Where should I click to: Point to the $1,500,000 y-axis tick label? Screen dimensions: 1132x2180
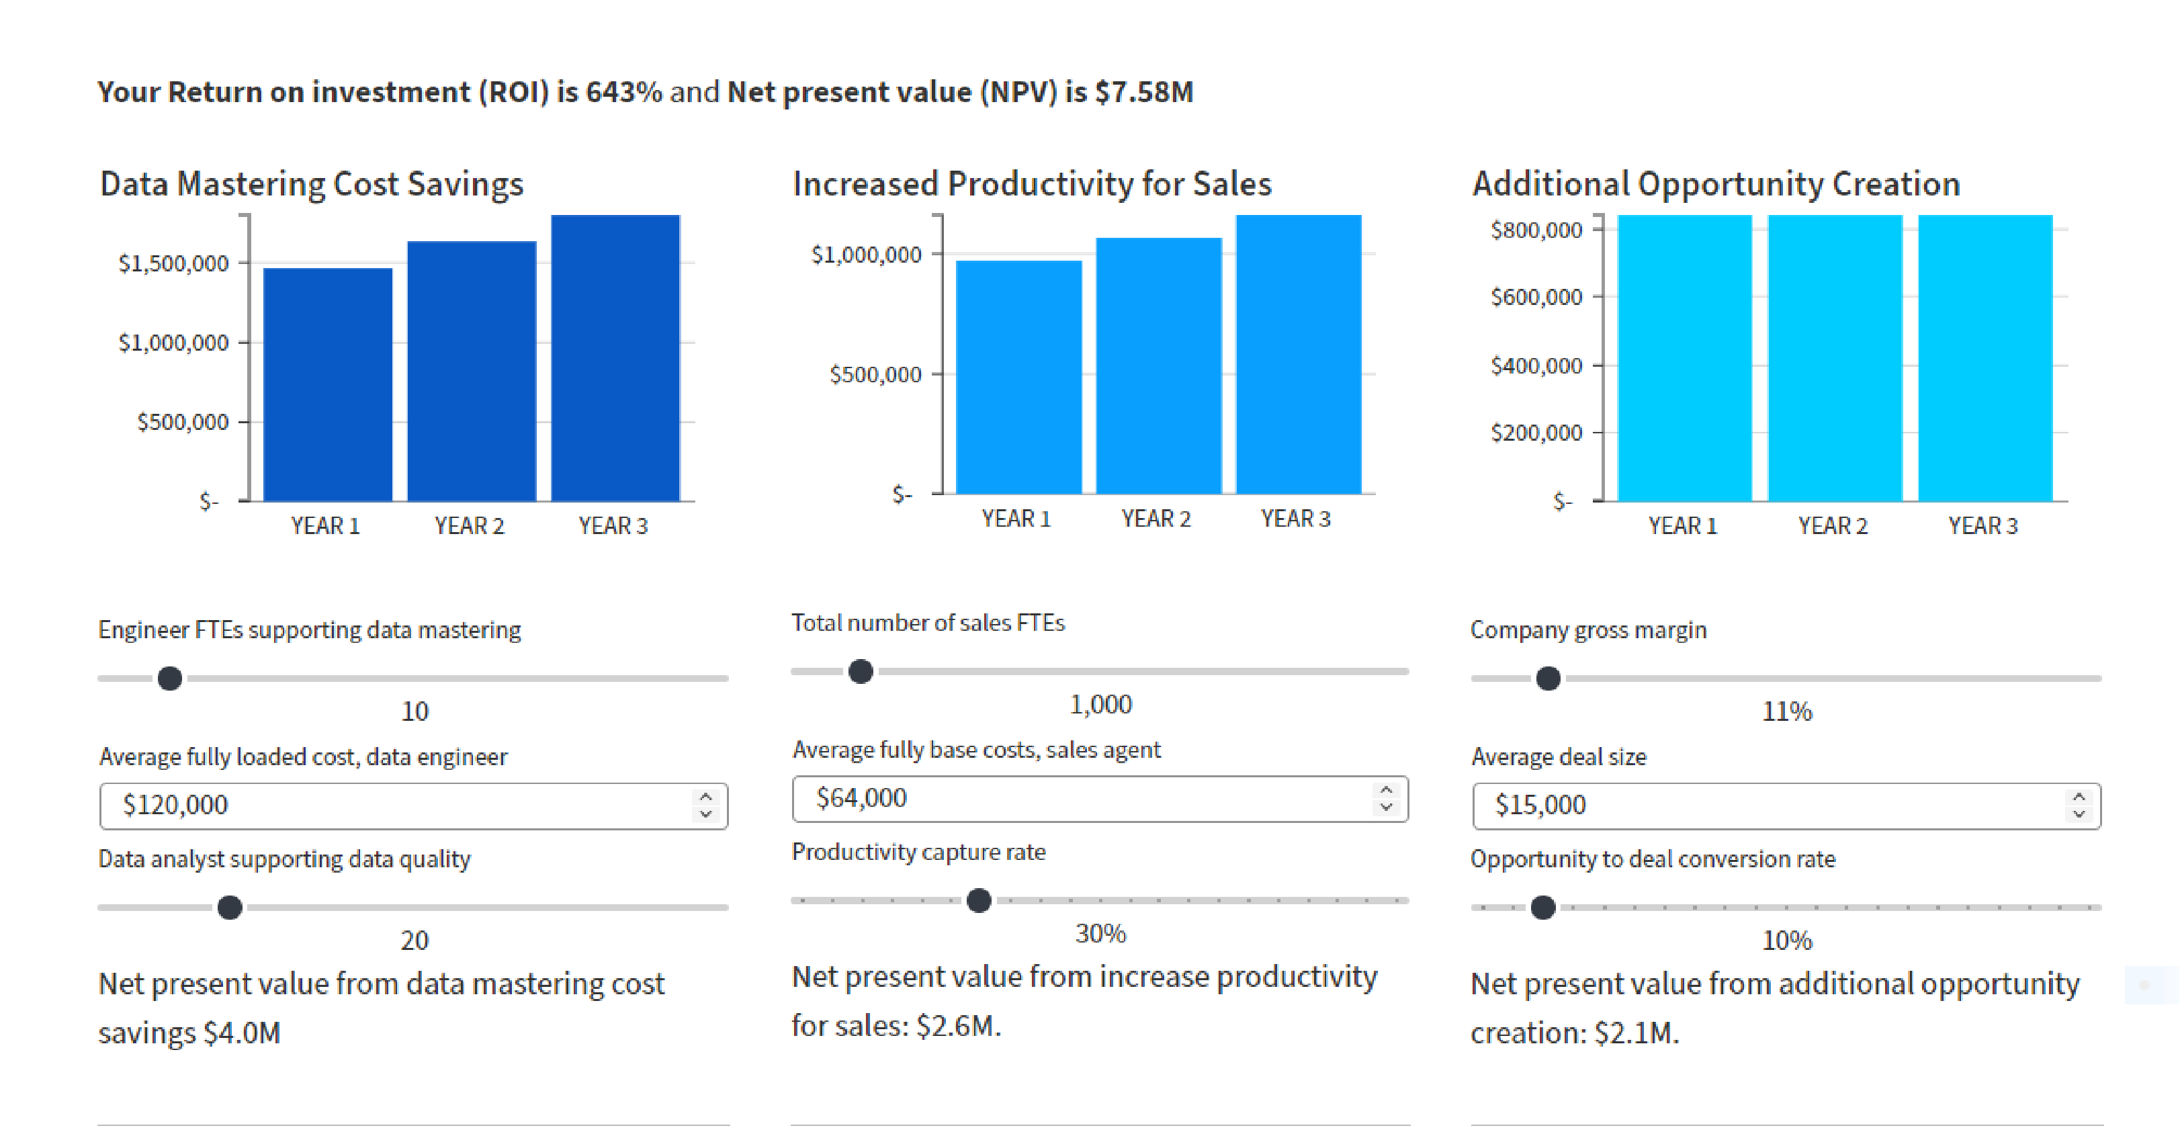tap(173, 264)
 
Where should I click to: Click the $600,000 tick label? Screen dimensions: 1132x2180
tap(1536, 297)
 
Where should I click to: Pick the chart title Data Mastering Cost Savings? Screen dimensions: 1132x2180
tap(312, 183)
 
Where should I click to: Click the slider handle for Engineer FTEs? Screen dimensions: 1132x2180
tap(170, 679)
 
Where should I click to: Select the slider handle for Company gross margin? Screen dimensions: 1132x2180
tap(1548, 679)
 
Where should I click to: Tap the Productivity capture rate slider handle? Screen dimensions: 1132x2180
tap(979, 900)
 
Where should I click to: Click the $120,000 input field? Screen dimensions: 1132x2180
tap(398, 806)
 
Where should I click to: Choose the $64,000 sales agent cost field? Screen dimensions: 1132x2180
tap(1083, 798)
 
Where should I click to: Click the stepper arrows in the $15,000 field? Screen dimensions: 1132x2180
tap(2079, 806)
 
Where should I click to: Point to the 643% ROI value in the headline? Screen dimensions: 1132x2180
tap(623, 91)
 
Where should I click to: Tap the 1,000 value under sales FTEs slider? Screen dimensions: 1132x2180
tap(1100, 704)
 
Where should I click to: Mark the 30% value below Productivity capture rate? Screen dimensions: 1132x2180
tap(1100, 933)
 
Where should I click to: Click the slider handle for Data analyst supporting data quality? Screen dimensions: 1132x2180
tap(229, 908)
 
